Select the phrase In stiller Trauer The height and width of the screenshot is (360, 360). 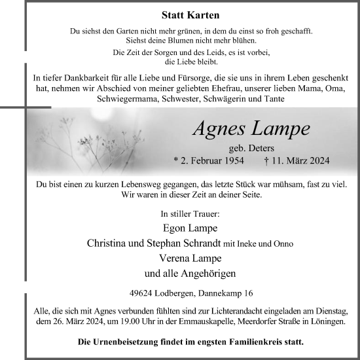190,213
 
